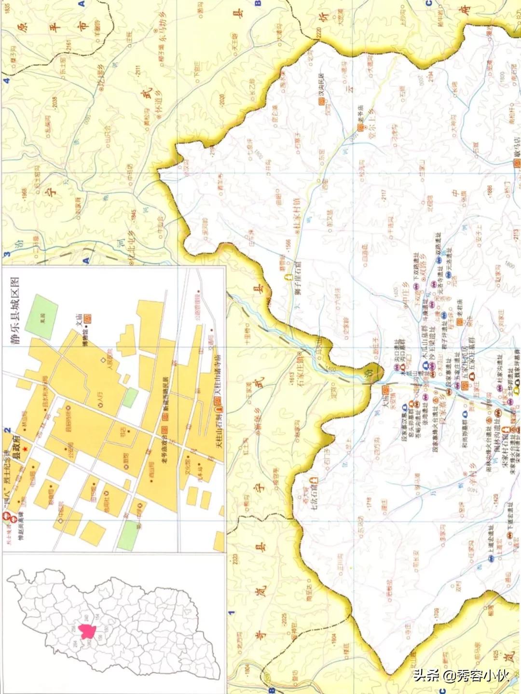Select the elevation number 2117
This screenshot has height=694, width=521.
tap(384, 194)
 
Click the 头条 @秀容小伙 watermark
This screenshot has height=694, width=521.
tap(461, 674)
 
